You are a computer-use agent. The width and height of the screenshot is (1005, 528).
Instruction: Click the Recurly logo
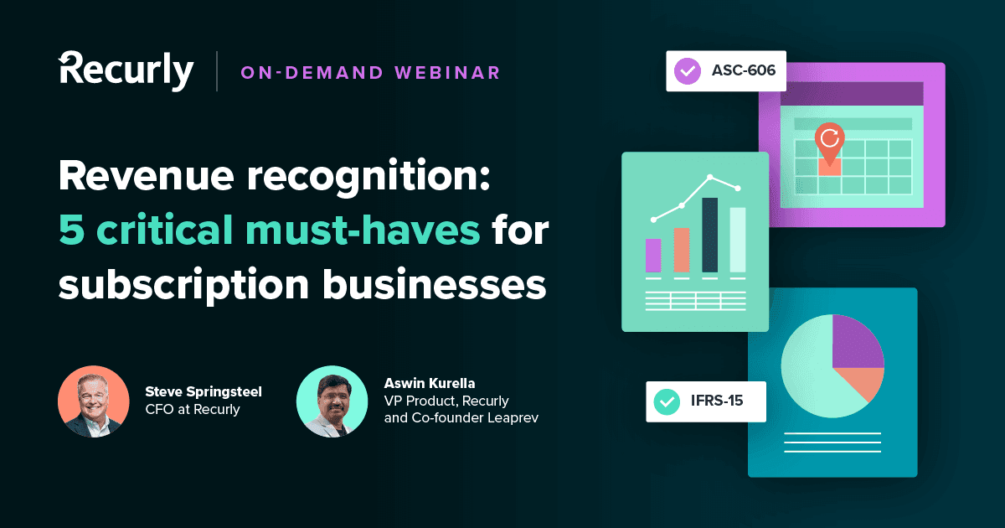click(126, 70)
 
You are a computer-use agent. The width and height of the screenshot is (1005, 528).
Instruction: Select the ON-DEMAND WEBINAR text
click(370, 73)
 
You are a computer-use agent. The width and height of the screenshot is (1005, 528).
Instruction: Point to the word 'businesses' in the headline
click(436, 285)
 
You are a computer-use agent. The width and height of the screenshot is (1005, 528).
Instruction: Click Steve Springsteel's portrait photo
click(93, 401)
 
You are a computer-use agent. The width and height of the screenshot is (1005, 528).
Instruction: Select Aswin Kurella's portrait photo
click(332, 401)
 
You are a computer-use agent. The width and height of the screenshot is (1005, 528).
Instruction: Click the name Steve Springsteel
click(204, 391)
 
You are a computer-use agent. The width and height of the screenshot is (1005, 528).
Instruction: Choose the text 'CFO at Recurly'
click(193, 410)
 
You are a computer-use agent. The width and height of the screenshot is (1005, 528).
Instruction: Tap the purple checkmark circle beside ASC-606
click(688, 71)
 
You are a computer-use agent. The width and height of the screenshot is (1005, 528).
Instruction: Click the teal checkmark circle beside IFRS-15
click(667, 401)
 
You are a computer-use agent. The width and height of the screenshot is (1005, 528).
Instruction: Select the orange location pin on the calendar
click(829, 143)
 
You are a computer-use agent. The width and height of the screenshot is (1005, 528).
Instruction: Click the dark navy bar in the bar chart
click(709, 235)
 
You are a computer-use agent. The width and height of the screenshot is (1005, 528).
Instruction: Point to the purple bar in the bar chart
click(653, 256)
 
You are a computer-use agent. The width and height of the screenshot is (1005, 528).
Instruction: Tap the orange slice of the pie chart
click(869, 382)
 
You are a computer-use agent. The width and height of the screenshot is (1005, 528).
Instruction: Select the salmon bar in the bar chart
click(682, 250)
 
